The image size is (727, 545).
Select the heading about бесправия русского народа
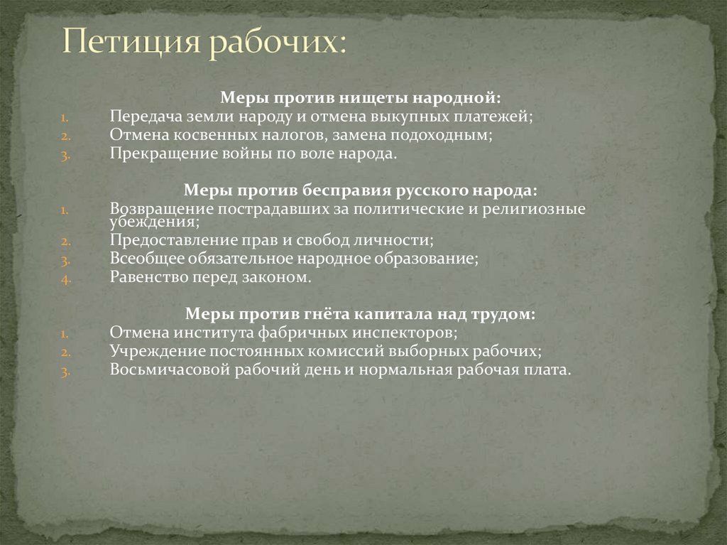tap(360, 191)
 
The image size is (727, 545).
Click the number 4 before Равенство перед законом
tap(64, 279)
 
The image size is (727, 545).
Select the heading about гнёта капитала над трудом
tap(360, 313)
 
